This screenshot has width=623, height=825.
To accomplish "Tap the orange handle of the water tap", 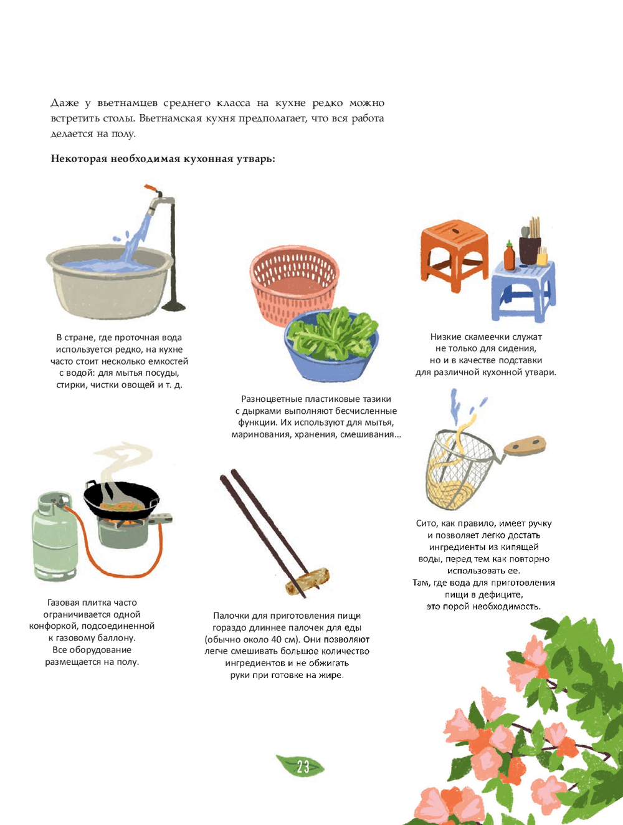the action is (151, 188).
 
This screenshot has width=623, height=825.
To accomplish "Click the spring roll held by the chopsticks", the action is (307, 581).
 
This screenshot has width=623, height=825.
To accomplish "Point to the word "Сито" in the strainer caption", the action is (426, 523).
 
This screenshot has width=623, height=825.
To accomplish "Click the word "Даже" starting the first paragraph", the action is (64, 103).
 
